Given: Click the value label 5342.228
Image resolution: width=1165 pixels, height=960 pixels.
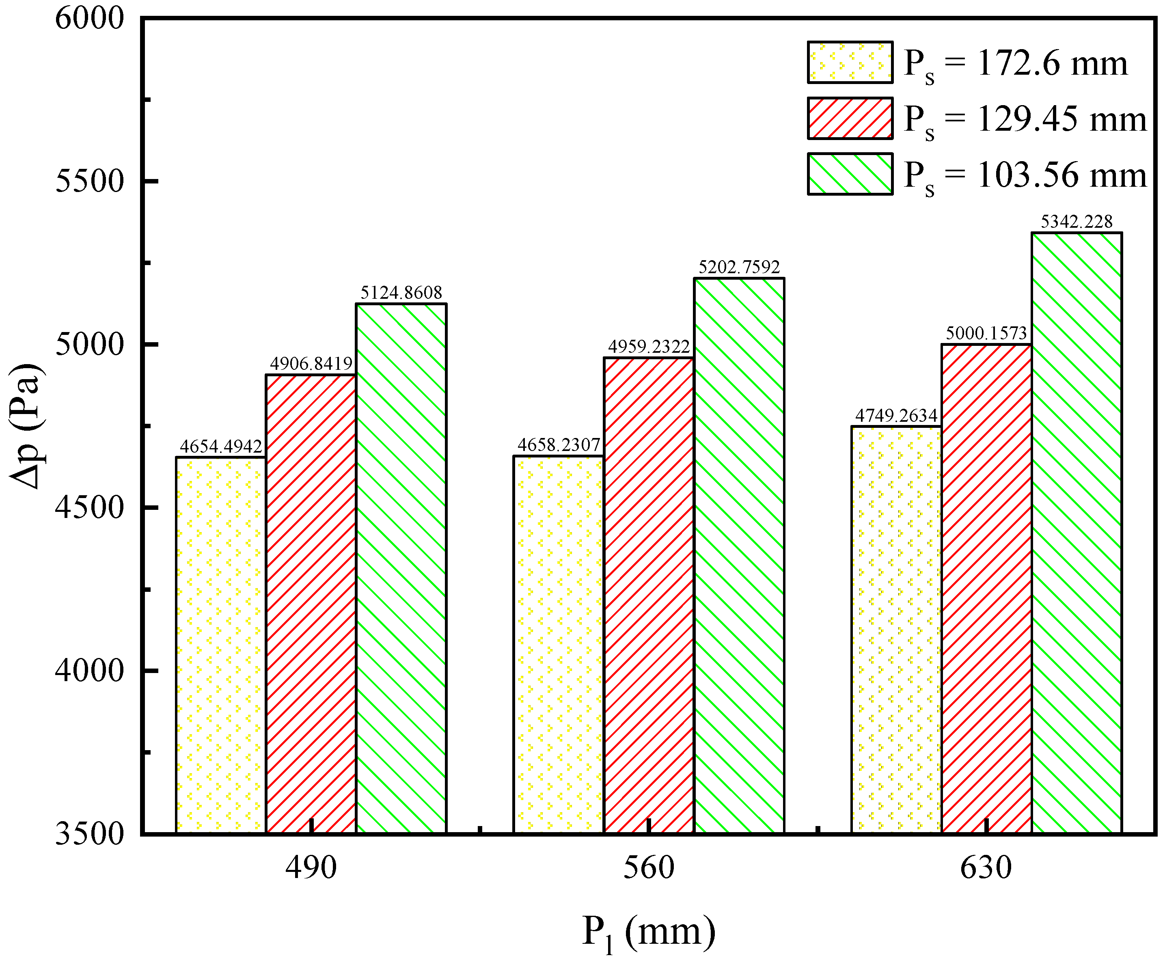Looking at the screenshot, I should (1076, 222).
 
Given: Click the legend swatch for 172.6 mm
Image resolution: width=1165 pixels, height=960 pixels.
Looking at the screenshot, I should (850, 63).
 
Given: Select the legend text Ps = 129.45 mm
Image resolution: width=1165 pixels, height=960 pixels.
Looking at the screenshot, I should (1025, 119).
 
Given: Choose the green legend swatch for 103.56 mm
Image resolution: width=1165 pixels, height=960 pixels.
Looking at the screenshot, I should (850, 174).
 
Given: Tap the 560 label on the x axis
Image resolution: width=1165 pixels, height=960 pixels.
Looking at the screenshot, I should (649, 867).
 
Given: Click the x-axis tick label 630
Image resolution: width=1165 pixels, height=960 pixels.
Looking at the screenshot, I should (986, 867).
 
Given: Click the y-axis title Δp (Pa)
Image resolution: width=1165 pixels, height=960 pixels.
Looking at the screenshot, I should (26, 426).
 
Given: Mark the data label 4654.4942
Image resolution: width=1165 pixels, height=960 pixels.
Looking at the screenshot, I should (220, 446).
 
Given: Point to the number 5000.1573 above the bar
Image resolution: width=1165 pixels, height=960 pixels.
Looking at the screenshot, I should (986, 333).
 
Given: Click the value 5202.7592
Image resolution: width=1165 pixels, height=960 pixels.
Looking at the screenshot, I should (739, 268).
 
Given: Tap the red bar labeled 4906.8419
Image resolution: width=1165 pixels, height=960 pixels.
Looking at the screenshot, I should (311, 603).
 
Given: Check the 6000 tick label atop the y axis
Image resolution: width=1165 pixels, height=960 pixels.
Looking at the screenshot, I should (89, 18).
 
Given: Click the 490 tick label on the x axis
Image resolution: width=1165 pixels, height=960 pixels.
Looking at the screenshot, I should (311, 867).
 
